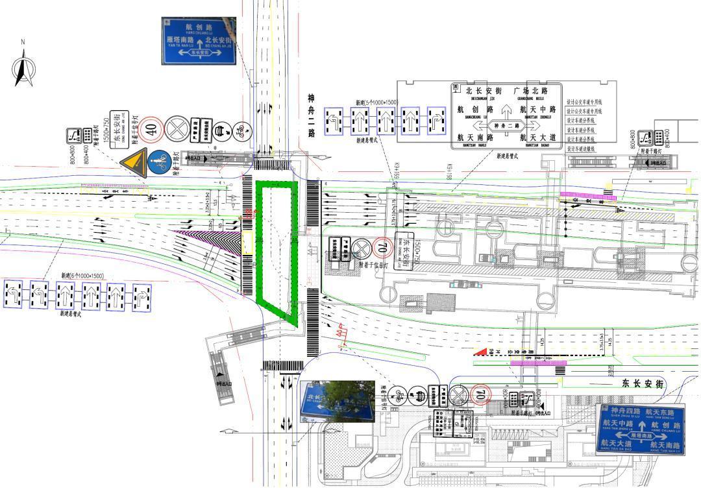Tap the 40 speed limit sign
pyautogui.click(x=152, y=128)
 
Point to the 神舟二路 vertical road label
pyautogui.click(x=312, y=115)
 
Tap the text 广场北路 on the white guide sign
pyautogui.click(x=530, y=91)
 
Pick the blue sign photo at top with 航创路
pyautogui.click(x=199, y=41)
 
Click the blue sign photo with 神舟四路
pyautogui.click(x=640, y=429)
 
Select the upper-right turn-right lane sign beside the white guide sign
pyautogui.click(x=435, y=121)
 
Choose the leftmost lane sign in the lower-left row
pyautogui.click(x=14, y=295)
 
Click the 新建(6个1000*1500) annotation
pyautogui.click(x=82, y=276)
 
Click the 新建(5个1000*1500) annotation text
pyautogui.click(x=376, y=102)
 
